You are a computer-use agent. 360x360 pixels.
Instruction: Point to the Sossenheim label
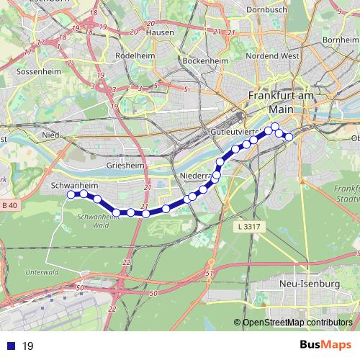point(26,73)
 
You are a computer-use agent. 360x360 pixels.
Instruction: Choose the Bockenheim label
point(205,62)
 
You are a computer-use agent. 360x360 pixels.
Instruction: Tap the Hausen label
point(159,32)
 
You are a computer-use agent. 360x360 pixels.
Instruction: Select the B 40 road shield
point(9,207)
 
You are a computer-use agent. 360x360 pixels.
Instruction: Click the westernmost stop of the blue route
point(71,194)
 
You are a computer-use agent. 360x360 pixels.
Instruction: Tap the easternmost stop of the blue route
point(289,137)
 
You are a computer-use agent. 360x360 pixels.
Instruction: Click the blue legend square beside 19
point(10,346)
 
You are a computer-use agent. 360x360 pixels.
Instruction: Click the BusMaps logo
point(325,345)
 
